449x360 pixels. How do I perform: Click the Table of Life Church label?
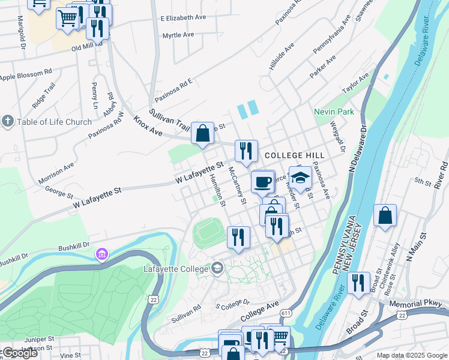tap(54, 122)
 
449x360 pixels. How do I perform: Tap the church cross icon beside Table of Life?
tap(8, 122)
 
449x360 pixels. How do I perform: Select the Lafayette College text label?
tap(175, 269)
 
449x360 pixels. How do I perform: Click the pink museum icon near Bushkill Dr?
tap(102, 255)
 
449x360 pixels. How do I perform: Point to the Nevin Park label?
tap(334, 112)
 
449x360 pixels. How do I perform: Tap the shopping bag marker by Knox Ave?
tap(203, 133)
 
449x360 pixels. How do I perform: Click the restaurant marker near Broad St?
tap(358, 283)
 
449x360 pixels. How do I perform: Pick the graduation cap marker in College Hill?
tap(300, 178)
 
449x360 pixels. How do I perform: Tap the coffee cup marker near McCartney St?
tap(262, 182)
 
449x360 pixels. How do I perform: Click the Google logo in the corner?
tap(19, 353)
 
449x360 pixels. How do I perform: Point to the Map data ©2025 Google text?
tap(411, 355)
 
